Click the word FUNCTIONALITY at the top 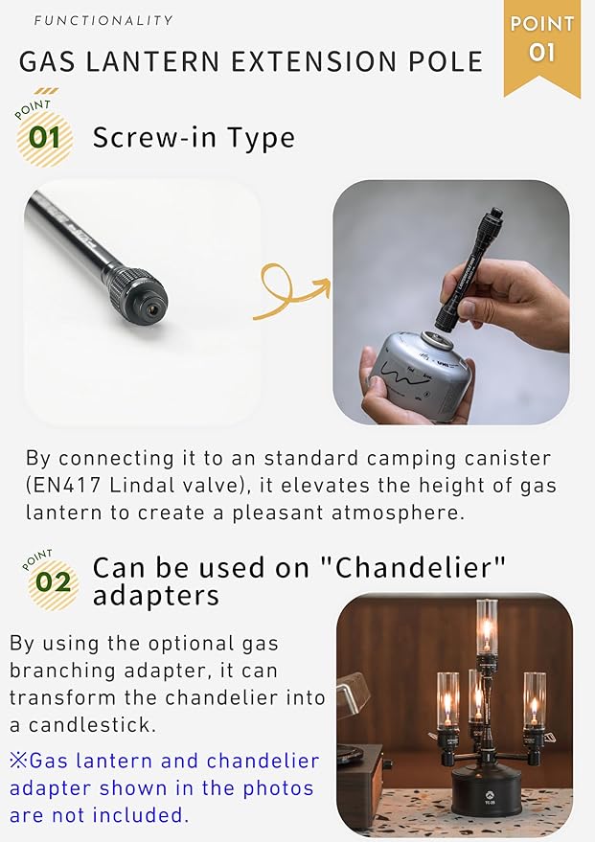103,20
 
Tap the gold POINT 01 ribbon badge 542,46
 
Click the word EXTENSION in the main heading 313,61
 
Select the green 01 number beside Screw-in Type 45,138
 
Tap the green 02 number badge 53,582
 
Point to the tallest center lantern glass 487,626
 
